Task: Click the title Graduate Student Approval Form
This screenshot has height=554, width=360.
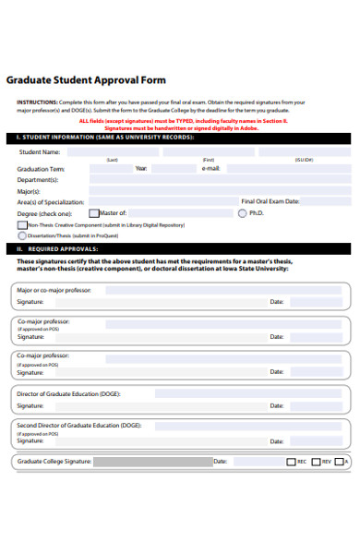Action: click(86, 80)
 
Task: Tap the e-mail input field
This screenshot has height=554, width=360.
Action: click(286, 169)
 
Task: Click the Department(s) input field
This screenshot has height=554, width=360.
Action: click(203, 180)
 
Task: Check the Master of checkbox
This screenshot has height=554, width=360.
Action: click(92, 212)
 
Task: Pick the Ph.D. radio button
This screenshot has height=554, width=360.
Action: click(243, 212)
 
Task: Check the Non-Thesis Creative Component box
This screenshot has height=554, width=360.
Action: click(22, 224)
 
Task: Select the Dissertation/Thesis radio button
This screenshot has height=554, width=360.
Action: click(22, 235)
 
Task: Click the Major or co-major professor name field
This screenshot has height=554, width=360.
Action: click(222, 290)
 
